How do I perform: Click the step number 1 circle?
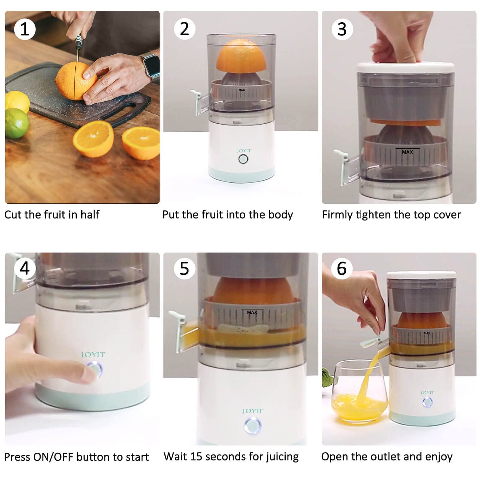24,29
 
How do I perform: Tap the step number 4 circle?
24,268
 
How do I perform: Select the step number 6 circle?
342,268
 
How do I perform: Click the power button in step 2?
243,159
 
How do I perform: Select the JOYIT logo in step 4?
93,355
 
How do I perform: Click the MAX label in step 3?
407,152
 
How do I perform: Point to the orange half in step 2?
241,56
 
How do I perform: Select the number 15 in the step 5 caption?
196,456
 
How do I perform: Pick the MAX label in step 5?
252,312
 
